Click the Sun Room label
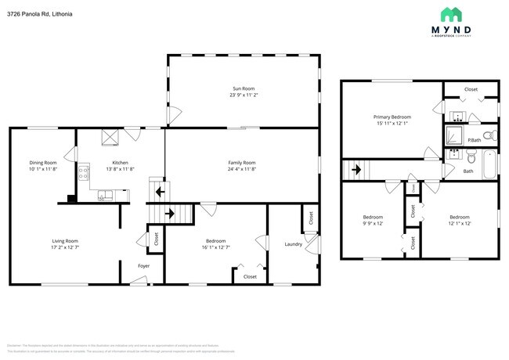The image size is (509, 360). click(x=242, y=88)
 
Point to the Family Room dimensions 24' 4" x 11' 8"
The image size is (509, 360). click(x=242, y=169)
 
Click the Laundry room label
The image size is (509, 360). click(x=294, y=244)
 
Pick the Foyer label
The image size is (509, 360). click(x=143, y=266)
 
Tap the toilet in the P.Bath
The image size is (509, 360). click(x=487, y=136)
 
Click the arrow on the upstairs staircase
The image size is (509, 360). click(x=355, y=168)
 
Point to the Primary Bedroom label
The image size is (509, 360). click(x=392, y=117)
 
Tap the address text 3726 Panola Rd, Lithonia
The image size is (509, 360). click(x=40, y=13)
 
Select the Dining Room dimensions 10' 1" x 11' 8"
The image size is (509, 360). click(x=44, y=169)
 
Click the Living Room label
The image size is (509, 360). click(x=65, y=240)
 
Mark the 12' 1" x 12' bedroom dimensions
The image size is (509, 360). click(x=460, y=223)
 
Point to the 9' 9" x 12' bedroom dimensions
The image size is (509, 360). click(x=373, y=223)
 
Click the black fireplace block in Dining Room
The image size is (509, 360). click(x=72, y=199)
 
